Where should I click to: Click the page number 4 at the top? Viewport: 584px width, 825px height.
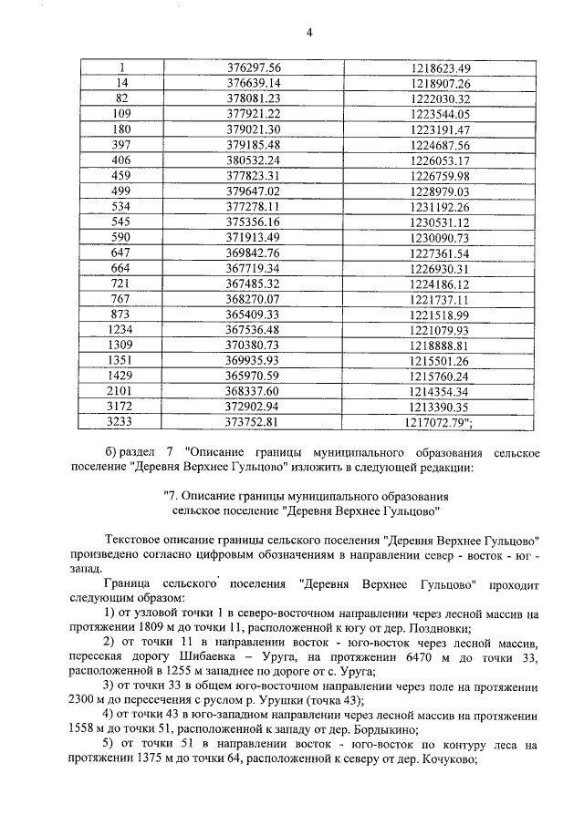pyautogui.click(x=308, y=33)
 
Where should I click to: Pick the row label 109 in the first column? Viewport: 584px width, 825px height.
pyautogui.click(x=121, y=114)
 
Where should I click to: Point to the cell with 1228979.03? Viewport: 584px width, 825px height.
pyautogui.click(x=439, y=191)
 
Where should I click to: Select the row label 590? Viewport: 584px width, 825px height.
pyautogui.click(x=121, y=238)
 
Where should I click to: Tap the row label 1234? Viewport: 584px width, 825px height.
pyautogui.click(x=121, y=330)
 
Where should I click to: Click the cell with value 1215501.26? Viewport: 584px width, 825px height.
pyautogui.click(x=439, y=361)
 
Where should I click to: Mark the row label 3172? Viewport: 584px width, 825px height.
pyautogui.click(x=121, y=407)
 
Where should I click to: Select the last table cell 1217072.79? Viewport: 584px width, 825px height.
pyautogui.click(x=438, y=422)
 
